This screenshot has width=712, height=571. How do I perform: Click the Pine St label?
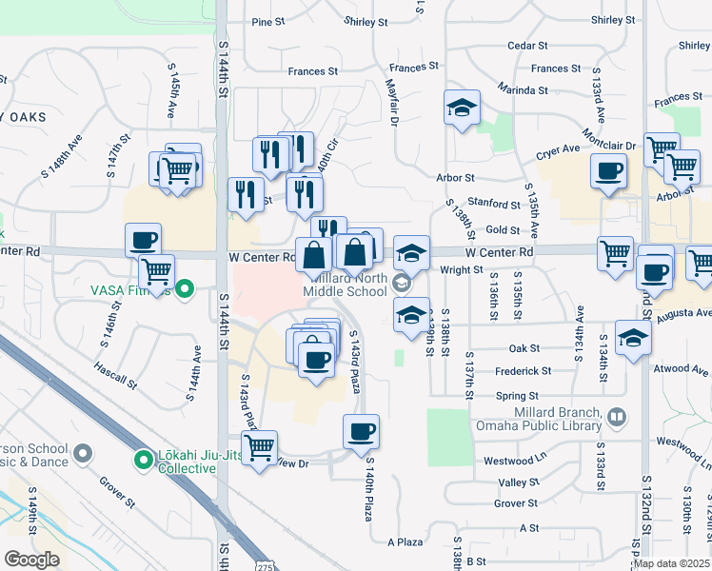pyautogui.click(x=268, y=22)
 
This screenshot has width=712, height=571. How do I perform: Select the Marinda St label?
pyautogui.click(x=524, y=90)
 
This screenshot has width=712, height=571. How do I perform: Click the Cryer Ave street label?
pyautogui.click(x=557, y=149)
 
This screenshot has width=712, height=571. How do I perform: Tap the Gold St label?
pyautogui.click(x=502, y=230)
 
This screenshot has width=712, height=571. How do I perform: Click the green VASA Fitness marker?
pyautogui.click(x=186, y=287)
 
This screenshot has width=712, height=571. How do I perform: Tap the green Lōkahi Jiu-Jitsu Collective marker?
pyautogui.click(x=143, y=461)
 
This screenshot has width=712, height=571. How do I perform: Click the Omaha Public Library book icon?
pyautogui.click(x=617, y=417)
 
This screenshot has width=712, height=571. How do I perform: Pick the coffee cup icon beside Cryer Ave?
pyautogui.click(x=608, y=172)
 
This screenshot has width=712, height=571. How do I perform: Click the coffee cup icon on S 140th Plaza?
pyautogui.click(x=361, y=431)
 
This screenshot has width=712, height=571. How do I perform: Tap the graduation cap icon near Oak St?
pyautogui.click(x=633, y=337)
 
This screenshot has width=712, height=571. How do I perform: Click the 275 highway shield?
pyautogui.click(x=263, y=565)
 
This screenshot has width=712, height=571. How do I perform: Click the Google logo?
pyautogui.click(x=32, y=560)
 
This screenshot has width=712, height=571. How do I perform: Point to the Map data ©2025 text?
pyautogui.click(x=671, y=563)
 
